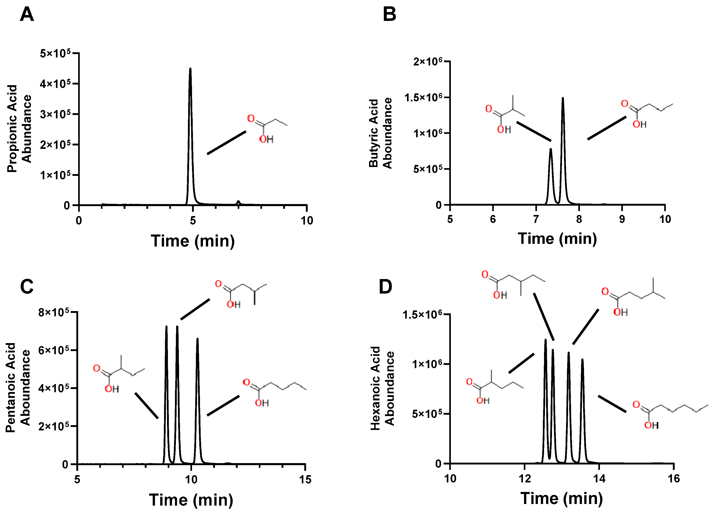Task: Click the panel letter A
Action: point(27,15)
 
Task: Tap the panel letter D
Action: point(385,287)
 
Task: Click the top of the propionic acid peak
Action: point(190,69)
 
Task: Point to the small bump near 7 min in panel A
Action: point(238,202)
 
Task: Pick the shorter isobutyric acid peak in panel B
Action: point(551,150)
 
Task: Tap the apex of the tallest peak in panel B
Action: point(563,99)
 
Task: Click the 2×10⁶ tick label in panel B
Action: point(427,61)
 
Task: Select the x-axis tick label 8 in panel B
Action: point(579,219)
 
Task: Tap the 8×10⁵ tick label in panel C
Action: point(54,312)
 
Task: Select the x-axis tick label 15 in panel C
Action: point(305,480)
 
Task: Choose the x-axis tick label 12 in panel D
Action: point(524,479)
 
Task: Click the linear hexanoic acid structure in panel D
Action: point(667,414)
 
